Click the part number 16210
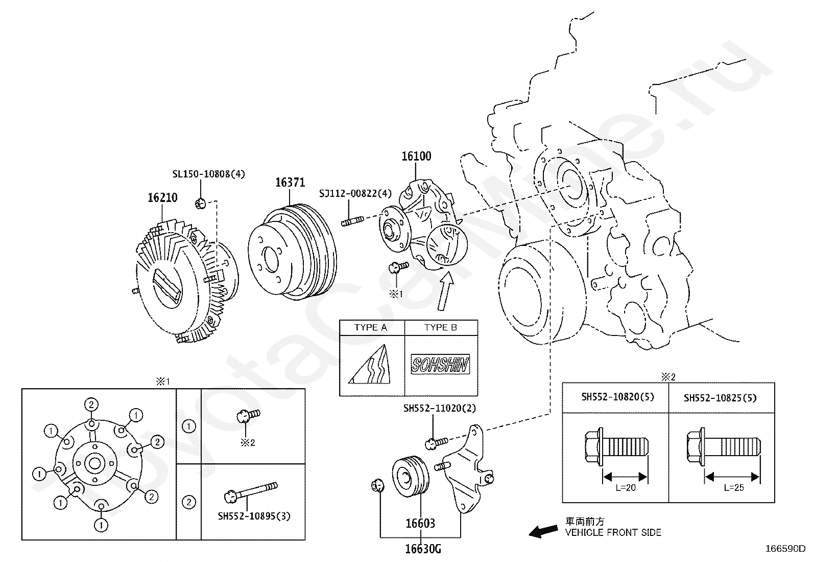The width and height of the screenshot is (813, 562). point(162,198)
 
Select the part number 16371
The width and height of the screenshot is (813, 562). point(290,183)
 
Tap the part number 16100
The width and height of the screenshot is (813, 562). point(416,156)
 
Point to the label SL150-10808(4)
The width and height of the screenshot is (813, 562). point(209,174)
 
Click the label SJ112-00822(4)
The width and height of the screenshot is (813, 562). point(355,193)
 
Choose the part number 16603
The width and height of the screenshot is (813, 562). point(420,524)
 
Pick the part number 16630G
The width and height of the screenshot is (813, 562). point(423,549)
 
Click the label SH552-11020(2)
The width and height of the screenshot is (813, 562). point(440,408)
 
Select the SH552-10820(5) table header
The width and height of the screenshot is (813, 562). point(618,397)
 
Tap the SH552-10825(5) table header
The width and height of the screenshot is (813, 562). point(720,398)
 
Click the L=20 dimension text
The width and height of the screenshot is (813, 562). point(626,488)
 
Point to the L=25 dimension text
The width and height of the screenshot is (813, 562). point(734,488)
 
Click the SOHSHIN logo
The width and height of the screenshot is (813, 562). point(440,364)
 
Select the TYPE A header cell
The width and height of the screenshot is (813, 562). point(371,327)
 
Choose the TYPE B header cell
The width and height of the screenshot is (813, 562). point(441,327)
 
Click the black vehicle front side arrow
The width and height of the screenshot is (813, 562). point(543,531)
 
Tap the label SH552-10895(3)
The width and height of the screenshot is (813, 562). point(254,516)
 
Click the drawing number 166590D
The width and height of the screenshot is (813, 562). point(785,549)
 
